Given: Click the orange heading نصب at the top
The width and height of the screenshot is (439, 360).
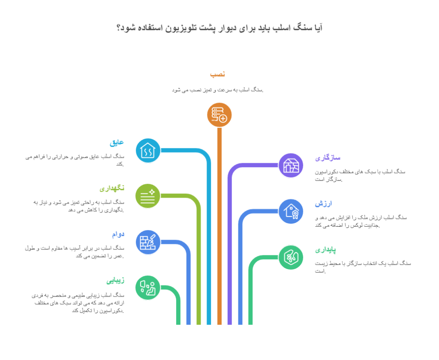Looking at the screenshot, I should pos(217,75).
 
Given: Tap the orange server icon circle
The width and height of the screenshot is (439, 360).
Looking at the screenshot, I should pos(219,115).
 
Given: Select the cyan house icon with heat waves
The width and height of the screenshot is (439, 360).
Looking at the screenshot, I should pos(147,150).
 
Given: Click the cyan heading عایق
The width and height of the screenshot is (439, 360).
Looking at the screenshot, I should pos(117,142).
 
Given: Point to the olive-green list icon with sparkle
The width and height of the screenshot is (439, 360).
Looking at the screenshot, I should pos(147,196).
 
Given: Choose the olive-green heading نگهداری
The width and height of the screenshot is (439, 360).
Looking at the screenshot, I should pos(112,188).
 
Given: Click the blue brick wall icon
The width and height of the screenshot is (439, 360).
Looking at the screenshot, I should pos(147,242).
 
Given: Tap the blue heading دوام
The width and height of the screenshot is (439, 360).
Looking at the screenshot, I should pos(118,234).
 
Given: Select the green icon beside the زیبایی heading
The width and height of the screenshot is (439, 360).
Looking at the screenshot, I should pos(147,287).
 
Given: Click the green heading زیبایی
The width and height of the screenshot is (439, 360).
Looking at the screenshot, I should pos(116,280).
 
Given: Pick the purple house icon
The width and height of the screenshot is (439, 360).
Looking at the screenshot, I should pos(291,165).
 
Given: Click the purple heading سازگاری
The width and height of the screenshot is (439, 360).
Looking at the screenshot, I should pos(328,158).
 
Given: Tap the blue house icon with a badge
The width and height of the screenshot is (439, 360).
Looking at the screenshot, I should pos(291,211).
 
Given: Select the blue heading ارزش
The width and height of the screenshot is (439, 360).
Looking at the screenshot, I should pos(324,204).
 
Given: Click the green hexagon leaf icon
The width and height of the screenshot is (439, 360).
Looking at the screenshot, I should pos(291,257).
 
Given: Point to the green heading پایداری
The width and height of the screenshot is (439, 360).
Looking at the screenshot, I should pos(326,249).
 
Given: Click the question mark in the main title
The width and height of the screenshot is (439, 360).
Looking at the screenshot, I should pos(119,28).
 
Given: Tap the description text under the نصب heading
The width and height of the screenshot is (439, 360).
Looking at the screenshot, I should pos(217,90).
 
